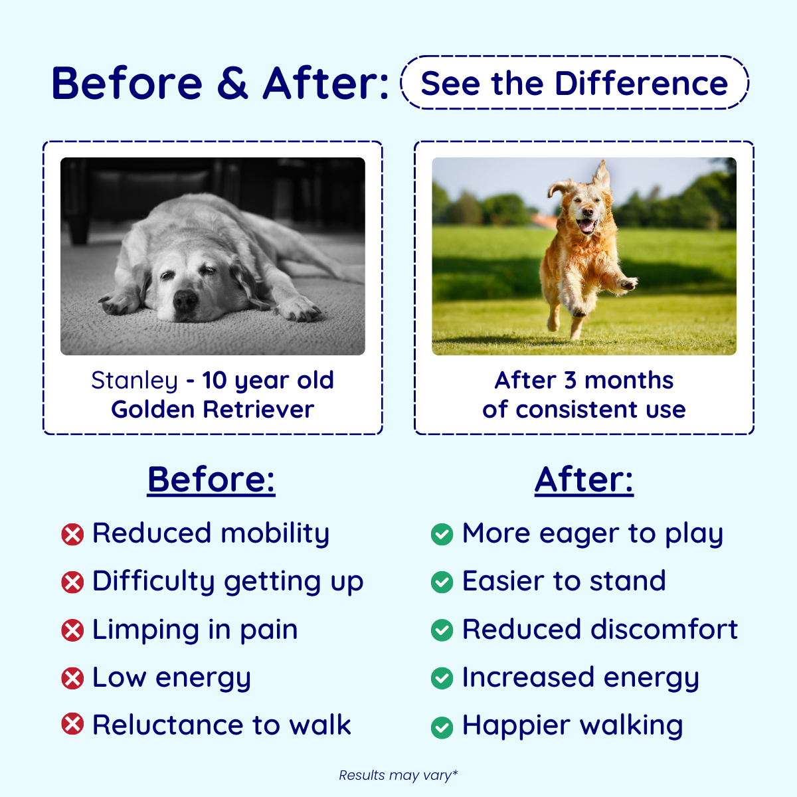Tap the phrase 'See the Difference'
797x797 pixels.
[575, 83]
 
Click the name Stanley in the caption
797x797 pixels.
[134, 381]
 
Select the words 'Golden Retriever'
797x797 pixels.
[213, 410]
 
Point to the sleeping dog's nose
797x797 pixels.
[185, 300]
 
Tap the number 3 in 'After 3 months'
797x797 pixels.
[571, 380]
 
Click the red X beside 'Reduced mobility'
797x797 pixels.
[72, 534]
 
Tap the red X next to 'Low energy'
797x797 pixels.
[72, 678]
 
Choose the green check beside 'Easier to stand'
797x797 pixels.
[442, 582]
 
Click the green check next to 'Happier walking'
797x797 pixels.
[442, 727]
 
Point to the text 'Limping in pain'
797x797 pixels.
[195, 630]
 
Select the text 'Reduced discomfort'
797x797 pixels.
[600, 629]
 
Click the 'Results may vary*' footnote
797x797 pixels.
[398, 775]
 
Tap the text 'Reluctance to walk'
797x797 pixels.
[222, 725]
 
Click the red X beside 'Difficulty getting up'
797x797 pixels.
[72, 582]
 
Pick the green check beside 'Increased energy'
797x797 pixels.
[442, 678]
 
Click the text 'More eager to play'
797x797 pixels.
[592, 533]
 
